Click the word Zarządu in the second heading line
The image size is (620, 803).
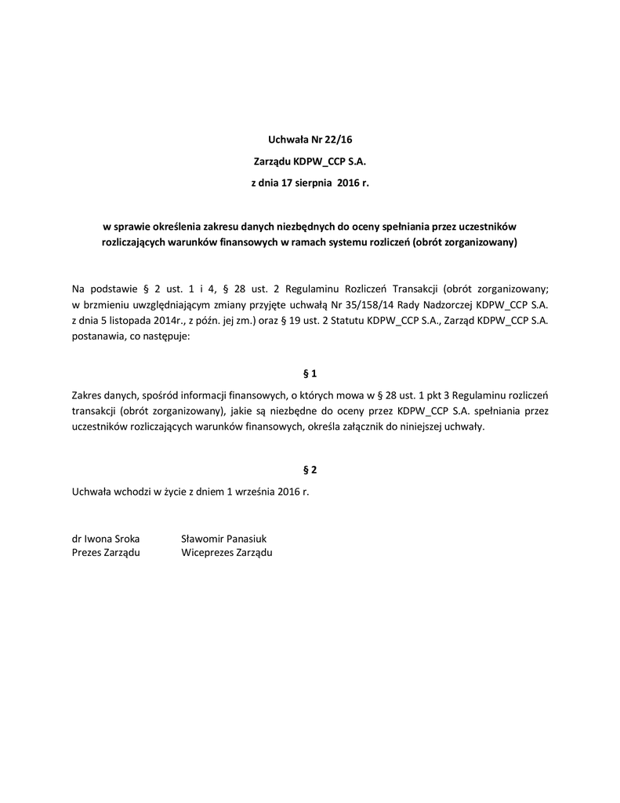[x=271, y=162]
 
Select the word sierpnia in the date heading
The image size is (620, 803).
[x=316, y=183]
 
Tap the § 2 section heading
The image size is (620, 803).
[x=310, y=470]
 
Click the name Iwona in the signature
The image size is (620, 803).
[x=100, y=539]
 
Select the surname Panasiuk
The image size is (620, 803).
[x=245, y=539]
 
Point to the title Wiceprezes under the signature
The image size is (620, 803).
[x=207, y=553]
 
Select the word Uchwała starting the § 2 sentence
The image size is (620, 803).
[x=91, y=491]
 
